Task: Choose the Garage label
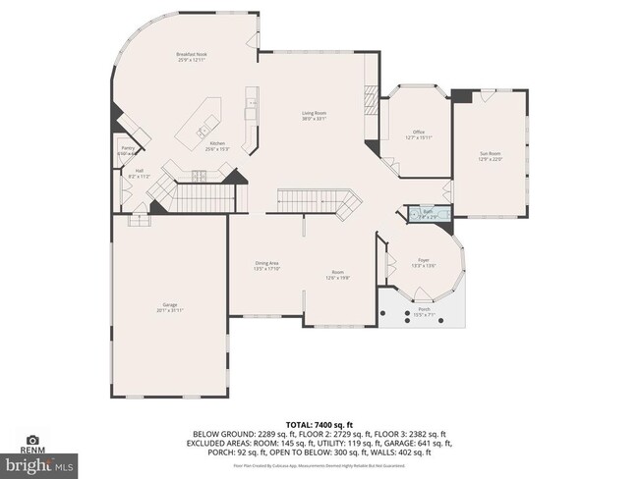(x=169, y=307)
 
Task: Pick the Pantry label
(x=128, y=150)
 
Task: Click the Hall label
(x=139, y=174)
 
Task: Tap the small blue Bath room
(x=429, y=214)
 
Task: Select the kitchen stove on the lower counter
(x=199, y=177)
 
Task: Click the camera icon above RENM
(x=32, y=441)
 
